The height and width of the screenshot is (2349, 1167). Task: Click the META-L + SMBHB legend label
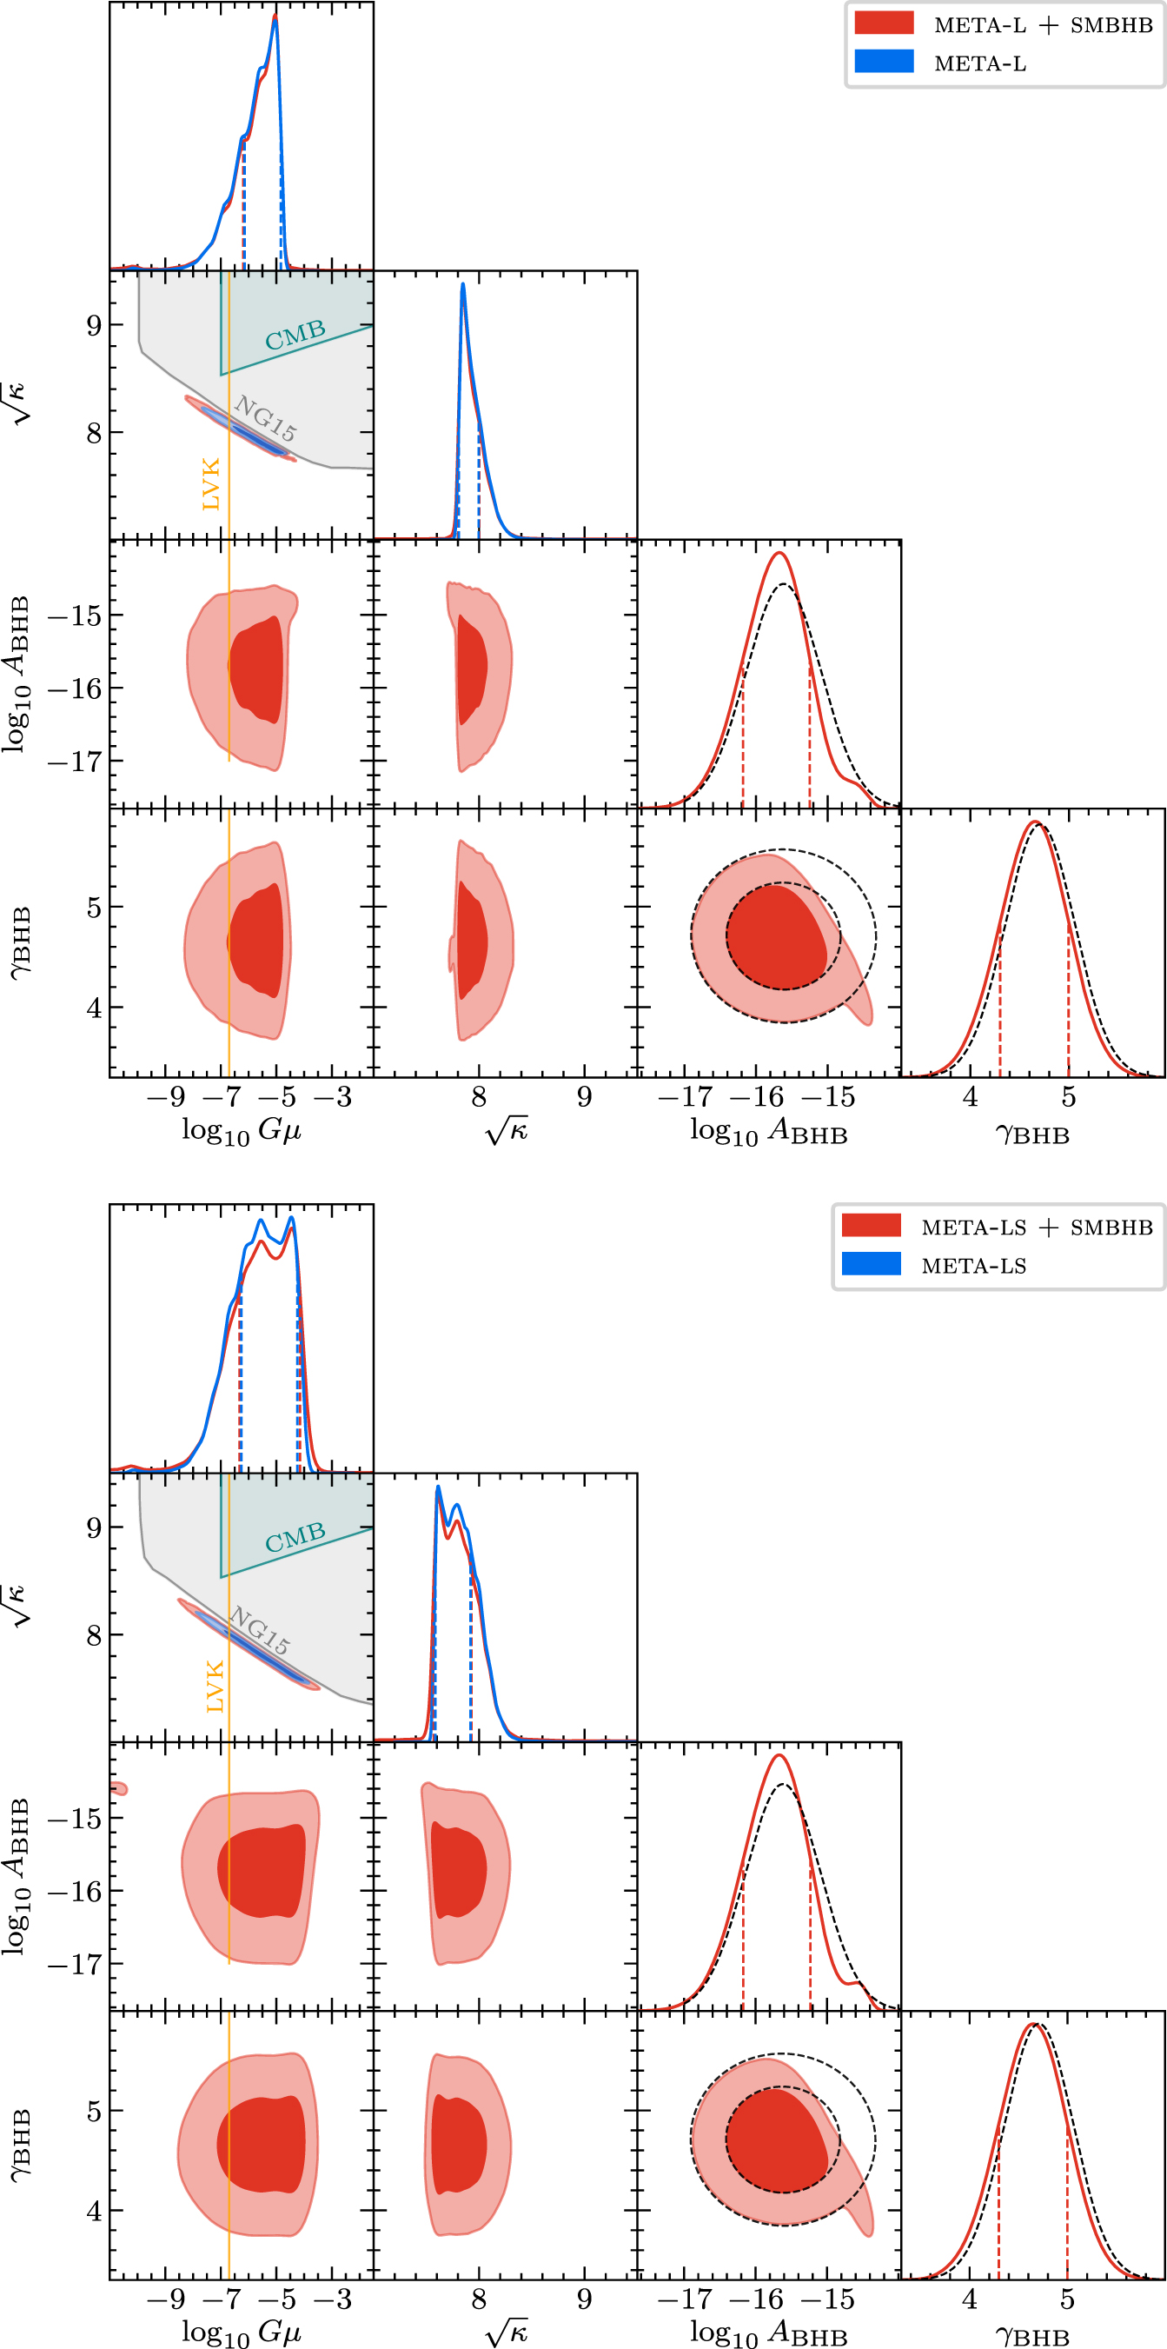[x=1043, y=24]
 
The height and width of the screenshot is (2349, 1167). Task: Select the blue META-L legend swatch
[x=884, y=62]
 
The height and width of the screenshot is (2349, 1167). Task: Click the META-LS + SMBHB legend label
[x=1037, y=1228]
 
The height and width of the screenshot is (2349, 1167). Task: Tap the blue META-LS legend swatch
[x=871, y=1265]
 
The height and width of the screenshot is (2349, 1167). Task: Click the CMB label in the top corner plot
[x=295, y=335]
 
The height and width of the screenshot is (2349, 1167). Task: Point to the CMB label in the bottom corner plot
[x=295, y=1537]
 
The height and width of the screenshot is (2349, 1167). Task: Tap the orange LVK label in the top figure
[x=210, y=484]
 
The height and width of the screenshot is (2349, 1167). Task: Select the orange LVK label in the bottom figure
[x=215, y=1686]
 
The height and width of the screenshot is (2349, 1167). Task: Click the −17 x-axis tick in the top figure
[x=685, y=1098]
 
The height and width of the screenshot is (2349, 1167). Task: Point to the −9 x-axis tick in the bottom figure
[x=165, y=2299]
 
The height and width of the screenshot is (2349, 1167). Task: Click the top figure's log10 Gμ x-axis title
[x=241, y=1132]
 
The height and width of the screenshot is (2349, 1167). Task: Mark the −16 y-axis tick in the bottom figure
[x=75, y=1892]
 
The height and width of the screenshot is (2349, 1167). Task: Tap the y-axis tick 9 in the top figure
[x=94, y=325]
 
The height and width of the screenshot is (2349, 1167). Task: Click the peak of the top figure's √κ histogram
[x=463, y=284]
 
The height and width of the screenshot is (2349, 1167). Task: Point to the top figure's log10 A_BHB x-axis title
[x=768, y=1132]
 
